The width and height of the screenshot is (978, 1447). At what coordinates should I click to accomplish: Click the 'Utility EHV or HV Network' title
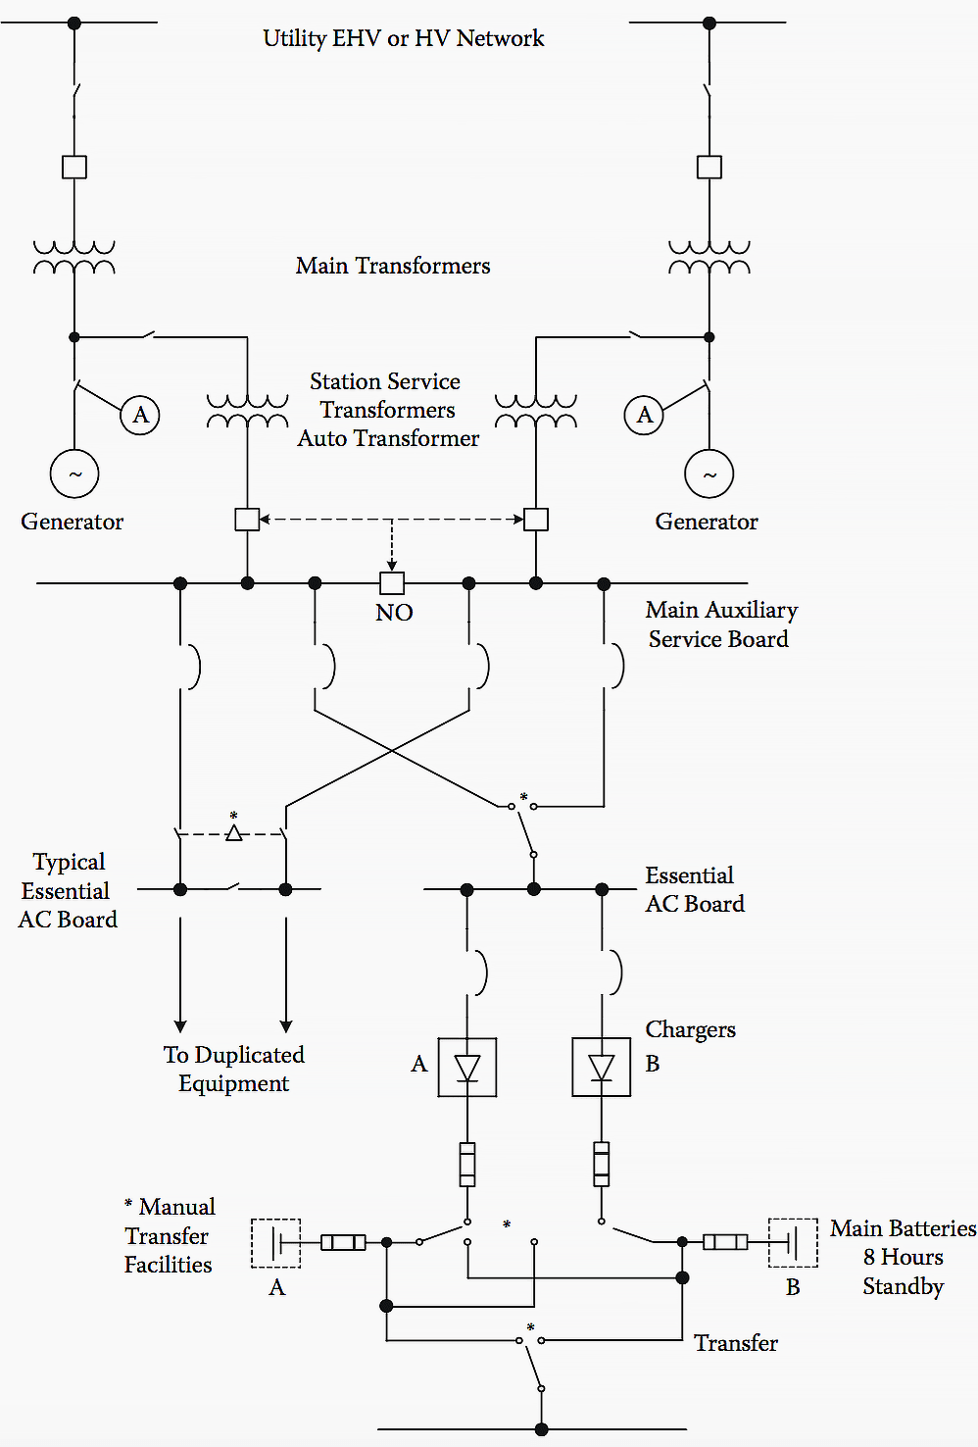coord(403,38)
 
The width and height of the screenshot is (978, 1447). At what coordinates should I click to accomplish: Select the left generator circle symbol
coord(74,474)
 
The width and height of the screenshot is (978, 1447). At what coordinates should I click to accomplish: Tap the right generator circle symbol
coord(709,474)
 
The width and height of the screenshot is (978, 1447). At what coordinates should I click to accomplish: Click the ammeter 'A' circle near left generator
coord(140,415)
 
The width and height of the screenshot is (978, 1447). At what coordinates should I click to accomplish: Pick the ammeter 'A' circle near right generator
coord(644,415)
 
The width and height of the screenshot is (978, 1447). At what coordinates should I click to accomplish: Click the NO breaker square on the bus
coord(392,583)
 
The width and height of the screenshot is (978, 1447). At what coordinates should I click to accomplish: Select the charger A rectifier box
coord(467,1067)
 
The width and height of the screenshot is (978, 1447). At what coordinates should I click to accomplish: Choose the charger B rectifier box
coord(601,1067)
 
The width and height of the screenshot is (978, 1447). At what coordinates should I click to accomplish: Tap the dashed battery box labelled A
coord(276,1242)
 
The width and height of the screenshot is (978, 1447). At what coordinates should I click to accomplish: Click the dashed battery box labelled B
coord(793,1242)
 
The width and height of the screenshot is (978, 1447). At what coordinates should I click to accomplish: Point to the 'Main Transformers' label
coord(393,266)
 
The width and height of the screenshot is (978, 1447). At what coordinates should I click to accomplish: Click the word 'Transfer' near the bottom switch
coord(735,1343)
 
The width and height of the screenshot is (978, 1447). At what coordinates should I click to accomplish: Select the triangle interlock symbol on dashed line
coord(234,833)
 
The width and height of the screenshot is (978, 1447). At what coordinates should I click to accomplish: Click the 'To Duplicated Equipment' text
coord(234,1069)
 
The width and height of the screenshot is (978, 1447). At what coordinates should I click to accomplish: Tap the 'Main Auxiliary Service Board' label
coord(720,624)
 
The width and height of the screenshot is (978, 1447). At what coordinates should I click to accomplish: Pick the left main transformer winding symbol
coord(74,257)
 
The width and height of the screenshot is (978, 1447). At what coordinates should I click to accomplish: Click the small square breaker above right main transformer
coord(709,167)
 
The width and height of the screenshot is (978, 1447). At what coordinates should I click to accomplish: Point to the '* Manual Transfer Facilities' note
coord(169,1235)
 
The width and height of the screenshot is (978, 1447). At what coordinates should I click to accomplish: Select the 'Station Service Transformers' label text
coord(386,395)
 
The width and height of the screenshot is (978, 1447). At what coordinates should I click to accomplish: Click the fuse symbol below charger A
coord(467,1165)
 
